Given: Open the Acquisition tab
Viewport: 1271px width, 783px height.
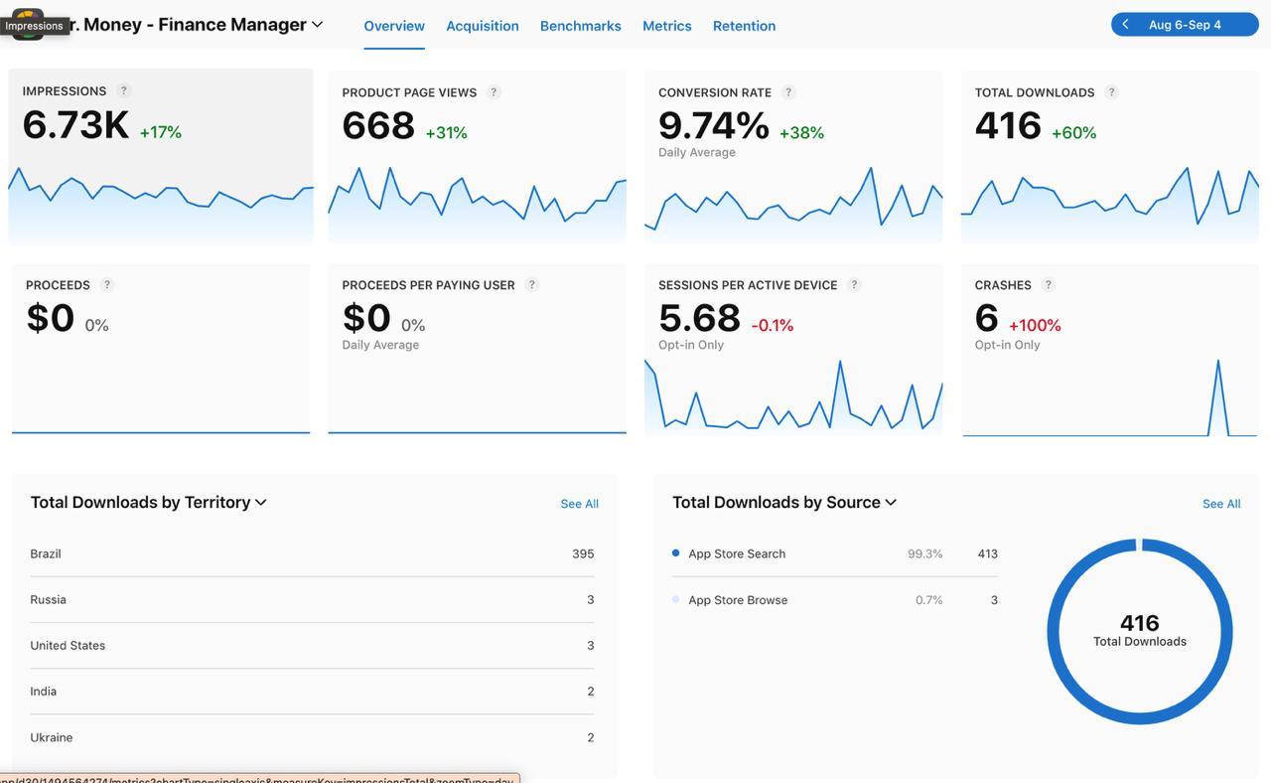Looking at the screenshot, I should pyautogui.click(x=482, y=26).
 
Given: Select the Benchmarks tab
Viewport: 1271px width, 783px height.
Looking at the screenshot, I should pyautogui.click(x=580, y=26).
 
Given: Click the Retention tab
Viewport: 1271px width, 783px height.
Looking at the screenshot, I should pyautogui.click(x=744, y=26).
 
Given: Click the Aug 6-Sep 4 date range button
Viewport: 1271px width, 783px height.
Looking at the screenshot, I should pyautogui.click(x=1185, y=25).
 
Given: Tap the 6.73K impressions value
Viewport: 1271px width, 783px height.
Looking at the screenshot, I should pyautogui.click(x=75, y=125).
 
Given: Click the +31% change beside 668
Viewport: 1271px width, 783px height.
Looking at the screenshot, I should pyautogui.click(x=446, y=133).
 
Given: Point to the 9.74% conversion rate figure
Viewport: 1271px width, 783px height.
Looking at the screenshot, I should pyautogui.click(x=713, y=126).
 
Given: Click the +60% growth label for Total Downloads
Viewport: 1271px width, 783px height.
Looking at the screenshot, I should pyautogui.click(x=1073, y=133).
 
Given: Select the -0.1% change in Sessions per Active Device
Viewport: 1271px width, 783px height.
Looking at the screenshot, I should pyautogui.click(x=772, y=326).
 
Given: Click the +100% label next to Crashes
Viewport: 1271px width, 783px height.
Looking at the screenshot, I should pyautogui.click(x=1035, y=326).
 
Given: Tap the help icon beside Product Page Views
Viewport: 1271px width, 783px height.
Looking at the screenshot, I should pyautogui.click(x=494, y=92).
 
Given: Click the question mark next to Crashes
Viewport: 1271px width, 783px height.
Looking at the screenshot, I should pyautogui.click(x=1048, y=285).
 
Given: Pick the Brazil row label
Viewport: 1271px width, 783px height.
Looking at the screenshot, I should pyautogui.click(x=46, y=554).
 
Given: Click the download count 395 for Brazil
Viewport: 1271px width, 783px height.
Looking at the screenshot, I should pyautogui.click(x=583, y=554).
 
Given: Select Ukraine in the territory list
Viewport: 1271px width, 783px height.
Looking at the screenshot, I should pyautogui.click(x=52, y=737).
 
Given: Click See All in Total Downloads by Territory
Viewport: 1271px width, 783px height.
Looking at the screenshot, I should pyautogui.click(x=579, y=504).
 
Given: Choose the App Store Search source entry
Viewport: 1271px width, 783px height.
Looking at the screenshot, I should pyautogui.click(x=737, y=554).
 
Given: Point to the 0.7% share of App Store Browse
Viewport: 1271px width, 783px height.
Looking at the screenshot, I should pyautogui.click(x=928, y=600).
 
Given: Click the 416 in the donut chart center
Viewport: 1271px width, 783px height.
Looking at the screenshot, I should pyautogui.click(x=1139, y=623).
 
